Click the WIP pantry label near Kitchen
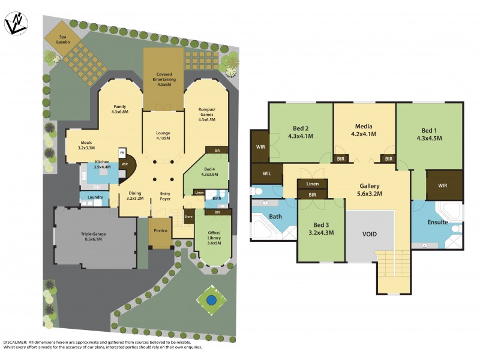125,163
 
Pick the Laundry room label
95,197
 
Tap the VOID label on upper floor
370,233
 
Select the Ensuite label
437,222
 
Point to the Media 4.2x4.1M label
364,130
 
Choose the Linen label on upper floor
312,184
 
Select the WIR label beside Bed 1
442,185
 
